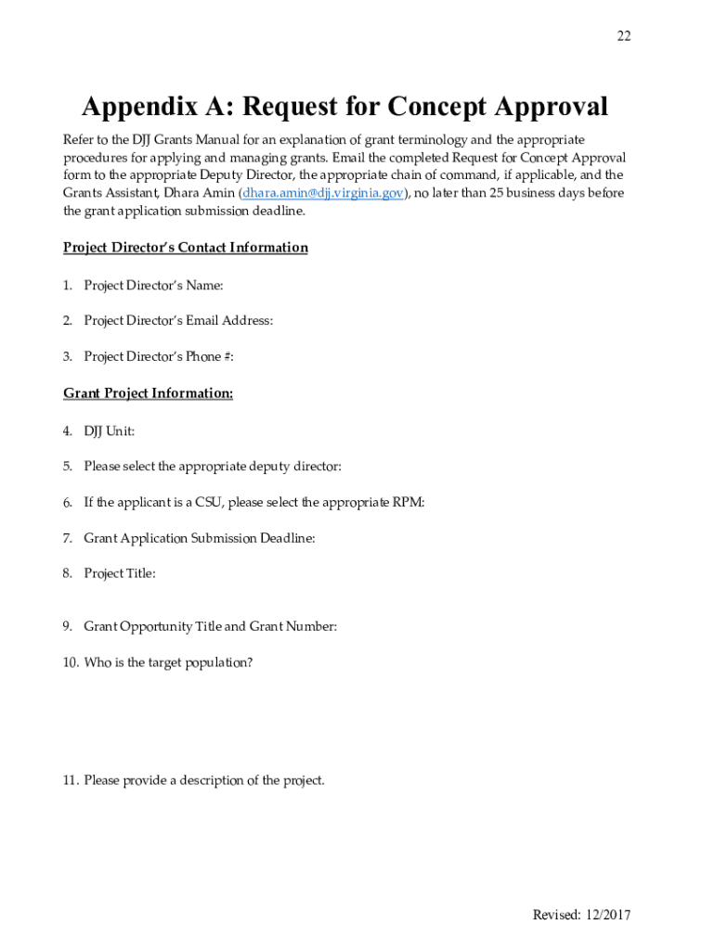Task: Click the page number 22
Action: click(x=623, y=36)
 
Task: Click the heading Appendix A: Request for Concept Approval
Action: click(x=344, y=107)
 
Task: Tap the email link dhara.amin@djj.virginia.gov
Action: click(x=323, y=193)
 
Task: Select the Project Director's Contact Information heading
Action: click(x=186, y=248)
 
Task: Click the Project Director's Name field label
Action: click(x=153, y=285)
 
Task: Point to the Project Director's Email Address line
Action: click(x=178, y=321)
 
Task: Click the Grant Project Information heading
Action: click(x=149, y=393)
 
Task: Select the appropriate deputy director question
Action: click(x=219, y=467)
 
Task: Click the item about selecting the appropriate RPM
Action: click(x=253, y=503)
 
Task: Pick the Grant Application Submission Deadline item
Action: click(x=199, y=538)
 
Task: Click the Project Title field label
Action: click(x=120, y=573)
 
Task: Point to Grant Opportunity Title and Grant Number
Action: click(x=210, y=627)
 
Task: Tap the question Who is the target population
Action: click(x=167, y=663)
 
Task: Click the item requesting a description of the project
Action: click(x=204, y=780)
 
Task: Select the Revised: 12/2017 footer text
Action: click(x=581, y=915)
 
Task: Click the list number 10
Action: click(x=71, y=663)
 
